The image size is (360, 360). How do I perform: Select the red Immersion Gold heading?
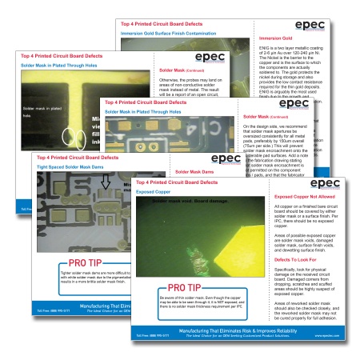coord(276,38)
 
